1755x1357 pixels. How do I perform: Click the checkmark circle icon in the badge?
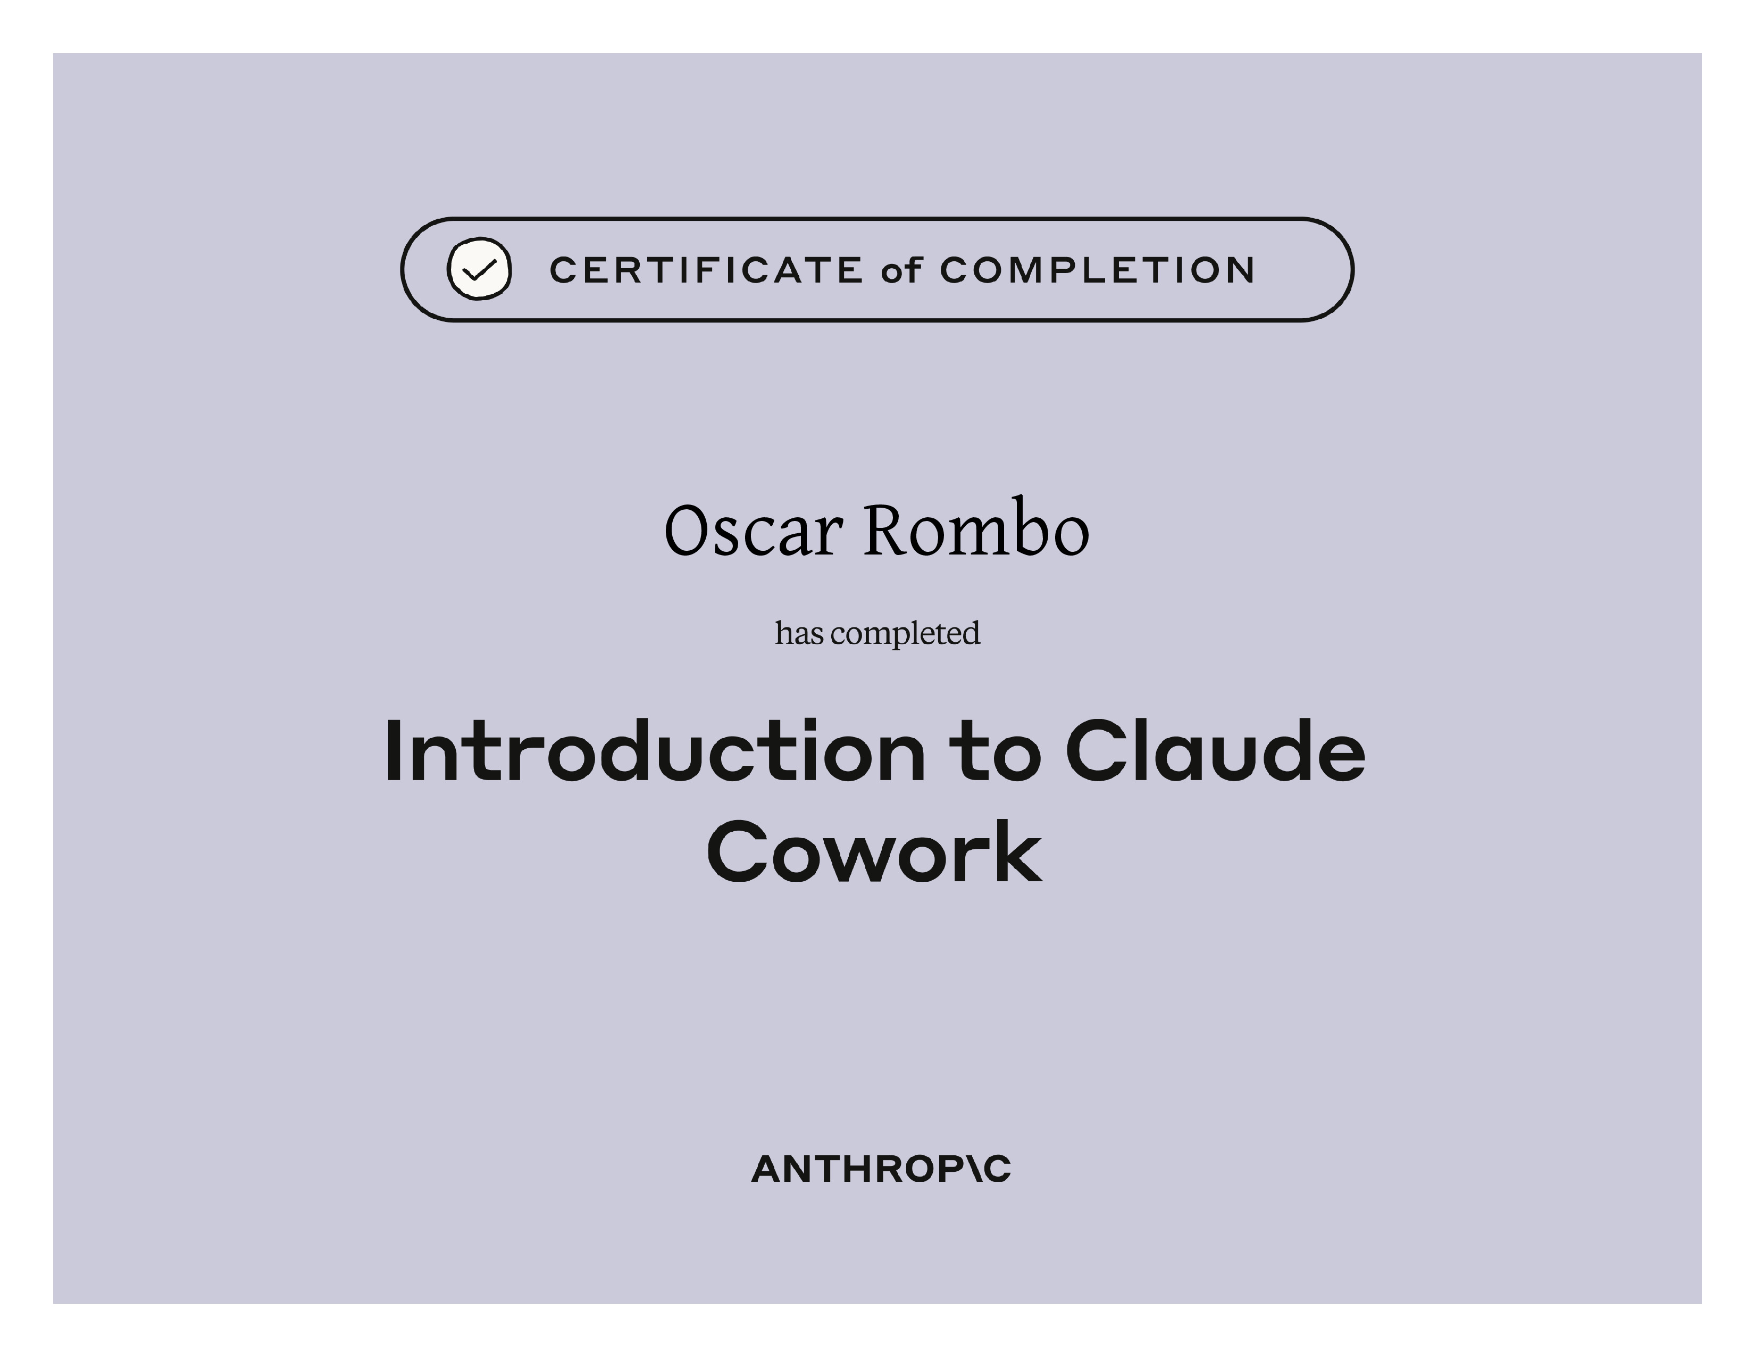pyautogui.click(x=479, y=269)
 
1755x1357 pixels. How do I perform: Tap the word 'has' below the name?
pyautogui.click(x=799, y=633)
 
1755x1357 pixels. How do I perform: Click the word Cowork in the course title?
pyautogui.click(x=874, y=851)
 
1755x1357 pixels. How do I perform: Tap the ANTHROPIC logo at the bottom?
pyautogui.click(x=881, y=1169)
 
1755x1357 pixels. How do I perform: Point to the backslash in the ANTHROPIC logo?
pyautogui.click(x=969, y=1169)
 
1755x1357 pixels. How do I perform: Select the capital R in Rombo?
pyautogui.click(x=889, y=530)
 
